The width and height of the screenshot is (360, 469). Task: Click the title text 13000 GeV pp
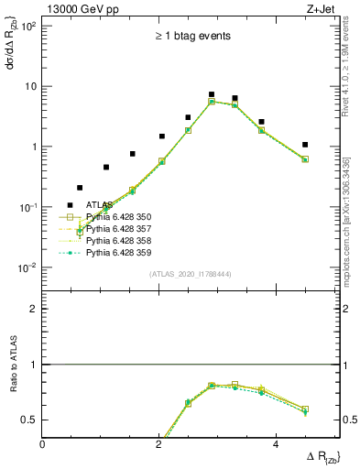[x=81, y=9]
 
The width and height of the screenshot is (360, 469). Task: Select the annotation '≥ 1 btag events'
[x=191, y=36]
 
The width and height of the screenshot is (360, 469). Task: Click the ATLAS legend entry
[x=101, y=205]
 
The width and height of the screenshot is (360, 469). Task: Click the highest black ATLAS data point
[x=212, y=94]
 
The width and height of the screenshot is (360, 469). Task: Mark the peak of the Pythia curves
[x=212, y=102]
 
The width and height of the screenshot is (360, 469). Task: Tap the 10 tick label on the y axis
[x=29, y=86]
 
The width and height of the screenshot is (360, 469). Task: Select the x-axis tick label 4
[x=276, y=444]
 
